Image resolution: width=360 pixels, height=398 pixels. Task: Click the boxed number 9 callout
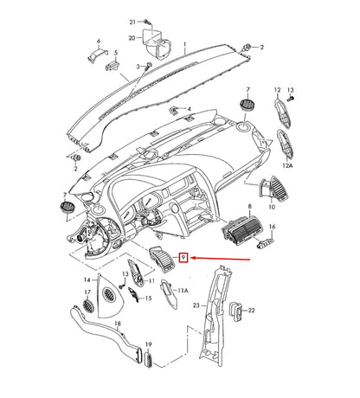183,257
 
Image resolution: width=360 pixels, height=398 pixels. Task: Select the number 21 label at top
133,21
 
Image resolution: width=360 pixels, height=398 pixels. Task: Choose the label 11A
183,292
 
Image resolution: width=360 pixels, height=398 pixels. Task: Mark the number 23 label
196,305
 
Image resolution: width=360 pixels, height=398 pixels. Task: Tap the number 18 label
118,324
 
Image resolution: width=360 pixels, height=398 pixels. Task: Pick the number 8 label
250,208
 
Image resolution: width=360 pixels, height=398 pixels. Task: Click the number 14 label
86,280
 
